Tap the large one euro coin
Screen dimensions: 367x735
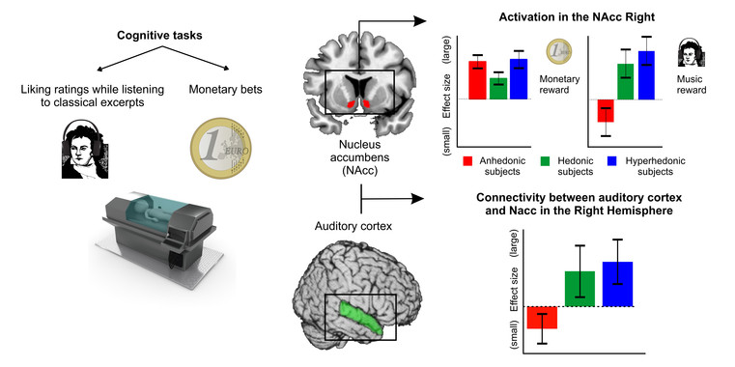click(223, 144)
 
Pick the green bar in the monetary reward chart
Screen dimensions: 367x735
click(497, 89)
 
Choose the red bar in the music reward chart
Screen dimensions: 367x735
click(606, 109)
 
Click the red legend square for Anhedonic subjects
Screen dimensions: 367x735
click(467, 160)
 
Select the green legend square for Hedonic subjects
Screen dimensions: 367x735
click(545, 160)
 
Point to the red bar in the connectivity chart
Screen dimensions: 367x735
click(542, 317)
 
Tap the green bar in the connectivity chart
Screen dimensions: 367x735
click(580, 289)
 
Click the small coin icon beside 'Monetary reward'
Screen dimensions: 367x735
click(555, 51)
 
